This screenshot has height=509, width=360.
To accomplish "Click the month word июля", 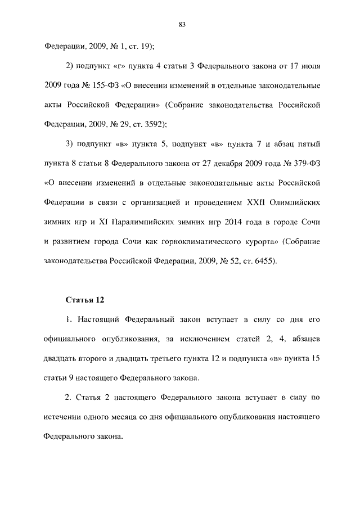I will coord(310,67).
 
